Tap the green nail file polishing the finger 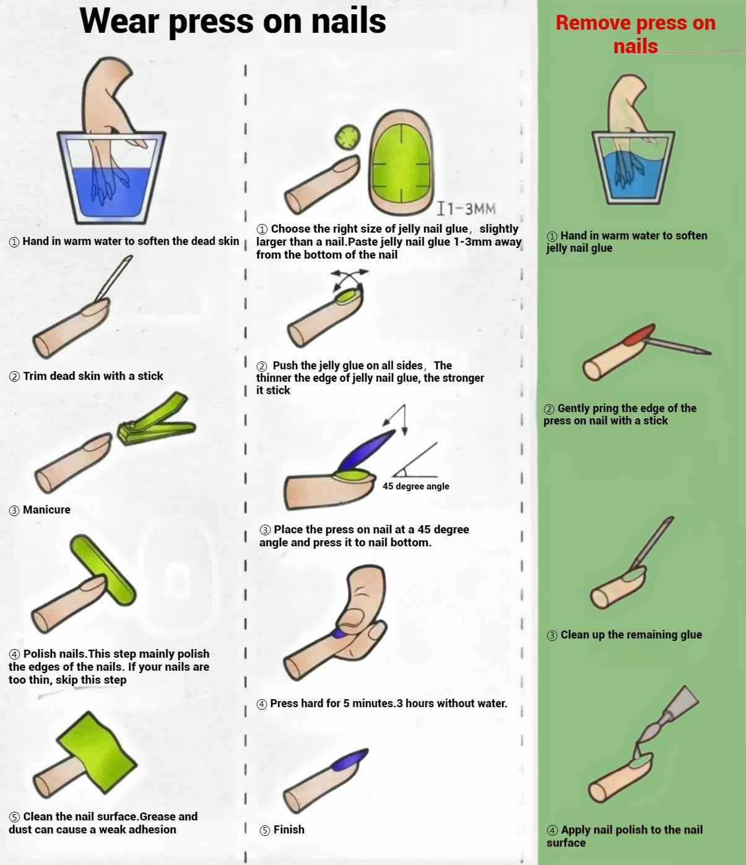(x=103, y=570)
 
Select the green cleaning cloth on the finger (x=97, y=752)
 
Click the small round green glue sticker (x=347, y=137)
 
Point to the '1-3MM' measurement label (x=466, y=209)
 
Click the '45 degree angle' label (x=415, y=486)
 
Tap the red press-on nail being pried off (x=639, y=334)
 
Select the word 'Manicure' (x=46, y=510)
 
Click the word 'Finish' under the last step (x=289, y=830)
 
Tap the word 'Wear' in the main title (x=119, y=21)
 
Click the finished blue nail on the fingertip (x=349, y=760)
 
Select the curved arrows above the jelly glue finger (x=349, y=278)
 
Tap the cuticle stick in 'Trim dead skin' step (x=114, y=278)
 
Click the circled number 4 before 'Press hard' (x=262, y=704)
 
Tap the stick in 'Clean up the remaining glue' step (x=652, y=543)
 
